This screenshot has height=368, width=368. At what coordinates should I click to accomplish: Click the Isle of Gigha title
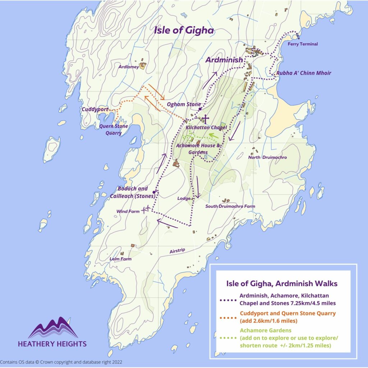point(184,31)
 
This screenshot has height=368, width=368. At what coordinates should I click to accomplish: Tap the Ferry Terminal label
point(303,44)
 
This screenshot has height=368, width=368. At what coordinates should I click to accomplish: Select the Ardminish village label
point(224,60)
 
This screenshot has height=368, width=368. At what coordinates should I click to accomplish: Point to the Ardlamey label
point(129,66)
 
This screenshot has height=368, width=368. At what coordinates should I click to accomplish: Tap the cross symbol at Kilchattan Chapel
point(205,118)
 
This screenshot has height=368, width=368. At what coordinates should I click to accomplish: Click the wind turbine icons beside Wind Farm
point(146,209)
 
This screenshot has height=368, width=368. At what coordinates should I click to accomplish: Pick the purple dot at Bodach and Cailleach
point(154,192)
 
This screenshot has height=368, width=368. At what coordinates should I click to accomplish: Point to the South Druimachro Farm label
point(230,206)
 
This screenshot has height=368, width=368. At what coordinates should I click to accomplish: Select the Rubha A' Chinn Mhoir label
point(303,73)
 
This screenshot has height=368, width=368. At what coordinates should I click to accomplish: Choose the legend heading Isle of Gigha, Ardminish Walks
point(282,283)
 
